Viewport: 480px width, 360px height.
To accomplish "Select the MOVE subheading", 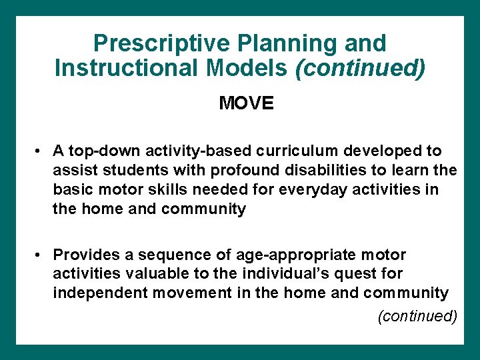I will tap(246, 104).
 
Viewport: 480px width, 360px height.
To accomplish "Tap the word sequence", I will tap(160, 255).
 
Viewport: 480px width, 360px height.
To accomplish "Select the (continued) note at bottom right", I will tap(417, 315).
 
